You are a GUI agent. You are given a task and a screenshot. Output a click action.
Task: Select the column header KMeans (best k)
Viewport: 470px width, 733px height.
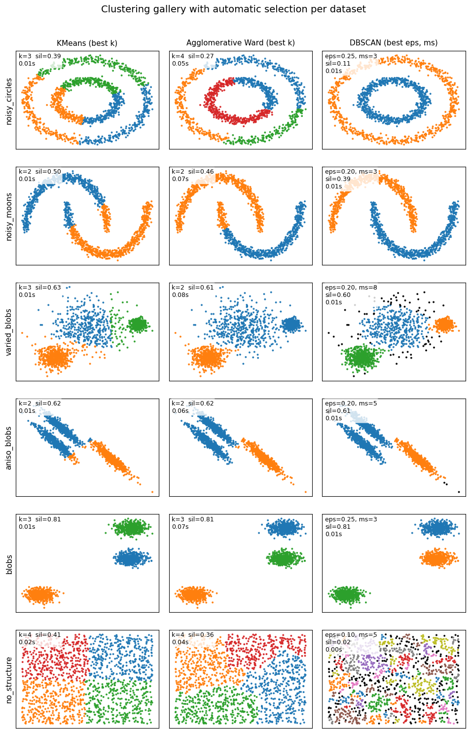[87, 43]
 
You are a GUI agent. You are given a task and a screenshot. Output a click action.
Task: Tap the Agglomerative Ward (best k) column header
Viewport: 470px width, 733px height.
[240, 43]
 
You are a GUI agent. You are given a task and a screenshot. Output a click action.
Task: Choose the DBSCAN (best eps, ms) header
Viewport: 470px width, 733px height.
[394, 43]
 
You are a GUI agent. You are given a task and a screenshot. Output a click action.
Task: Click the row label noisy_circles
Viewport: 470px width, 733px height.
[9, 100]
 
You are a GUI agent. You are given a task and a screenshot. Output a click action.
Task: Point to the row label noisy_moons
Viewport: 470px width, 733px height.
[9, 216]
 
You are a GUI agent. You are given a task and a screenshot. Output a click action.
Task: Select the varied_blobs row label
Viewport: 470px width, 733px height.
[9, 331]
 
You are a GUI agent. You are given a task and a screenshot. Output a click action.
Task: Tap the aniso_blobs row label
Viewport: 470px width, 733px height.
[9, 447]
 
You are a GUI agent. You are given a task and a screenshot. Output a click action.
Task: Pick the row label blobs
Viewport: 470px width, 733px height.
[9, 563]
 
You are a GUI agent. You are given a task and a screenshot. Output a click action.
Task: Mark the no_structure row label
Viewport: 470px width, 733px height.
[9, 679]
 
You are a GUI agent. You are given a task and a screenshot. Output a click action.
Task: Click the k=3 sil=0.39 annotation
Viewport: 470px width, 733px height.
[40, 56]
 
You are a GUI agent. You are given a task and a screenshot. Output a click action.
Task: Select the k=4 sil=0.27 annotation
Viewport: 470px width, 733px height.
[193, 56]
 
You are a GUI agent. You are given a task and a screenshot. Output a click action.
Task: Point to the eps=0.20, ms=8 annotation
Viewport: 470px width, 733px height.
[351, 288]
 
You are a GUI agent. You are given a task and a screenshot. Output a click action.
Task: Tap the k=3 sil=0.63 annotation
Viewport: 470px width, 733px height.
[40, 288]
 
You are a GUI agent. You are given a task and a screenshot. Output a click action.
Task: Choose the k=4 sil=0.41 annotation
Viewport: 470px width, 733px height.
[40, 635]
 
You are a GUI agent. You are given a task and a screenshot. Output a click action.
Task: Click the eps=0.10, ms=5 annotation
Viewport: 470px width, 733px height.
[351, 635]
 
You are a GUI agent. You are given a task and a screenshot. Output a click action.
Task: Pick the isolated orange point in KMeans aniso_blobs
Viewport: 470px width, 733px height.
[152, 492]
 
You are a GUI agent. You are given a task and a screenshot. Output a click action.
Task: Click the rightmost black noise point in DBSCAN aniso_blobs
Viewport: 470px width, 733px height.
[459, 492]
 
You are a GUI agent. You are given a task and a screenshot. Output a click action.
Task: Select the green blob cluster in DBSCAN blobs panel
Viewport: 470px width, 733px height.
[348, 594]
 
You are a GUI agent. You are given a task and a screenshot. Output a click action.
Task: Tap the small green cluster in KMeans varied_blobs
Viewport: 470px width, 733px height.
[138, 324]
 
